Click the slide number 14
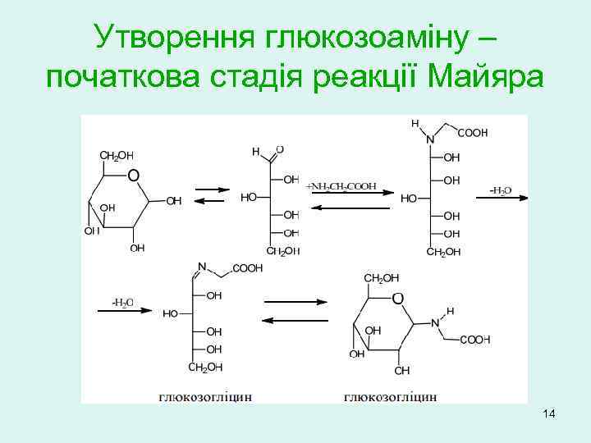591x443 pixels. tap(549, 417)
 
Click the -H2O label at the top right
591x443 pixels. tap(500, 190)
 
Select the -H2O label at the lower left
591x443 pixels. tap(127, 301)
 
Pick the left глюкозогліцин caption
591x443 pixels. tap(205, 397)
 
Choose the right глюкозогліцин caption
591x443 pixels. tap(390, 397)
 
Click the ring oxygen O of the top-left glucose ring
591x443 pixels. tap(133, 175)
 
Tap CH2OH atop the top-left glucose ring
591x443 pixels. tap(117, 154)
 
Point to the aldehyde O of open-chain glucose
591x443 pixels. tap(280, 149)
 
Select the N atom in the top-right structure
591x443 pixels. tap(430, 139)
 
